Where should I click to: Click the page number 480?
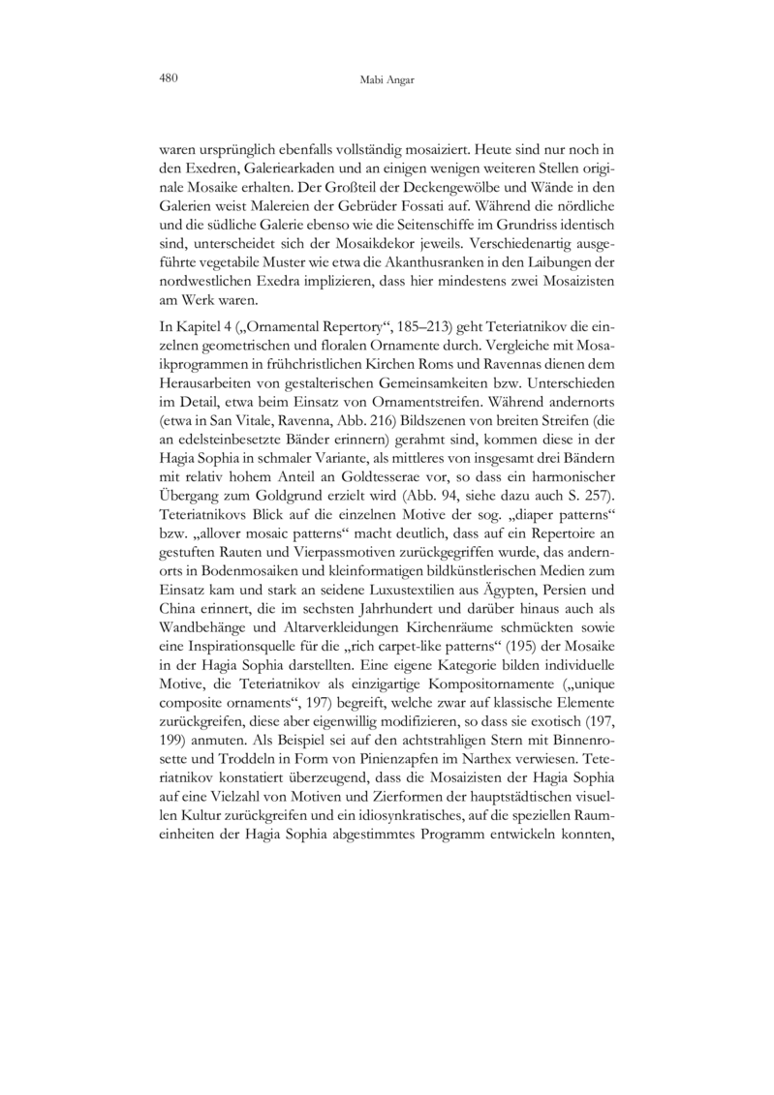[166, 81]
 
